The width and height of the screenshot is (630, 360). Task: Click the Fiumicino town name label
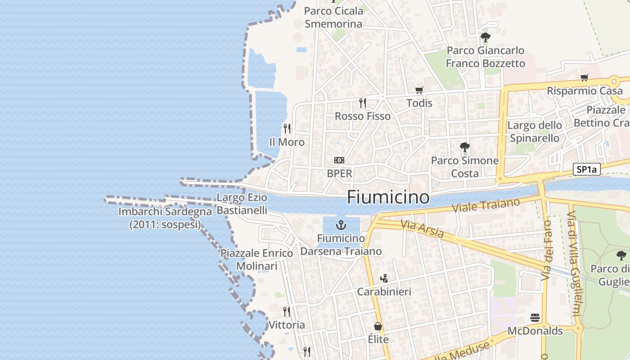388,197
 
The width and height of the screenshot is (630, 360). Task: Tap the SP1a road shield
587,169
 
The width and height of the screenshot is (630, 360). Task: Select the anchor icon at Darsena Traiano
341,225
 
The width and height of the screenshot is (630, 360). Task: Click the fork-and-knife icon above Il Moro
287,129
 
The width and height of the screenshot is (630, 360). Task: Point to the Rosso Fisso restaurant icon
363,103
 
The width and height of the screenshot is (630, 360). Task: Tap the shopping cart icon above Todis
419,90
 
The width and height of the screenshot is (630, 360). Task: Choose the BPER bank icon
339,160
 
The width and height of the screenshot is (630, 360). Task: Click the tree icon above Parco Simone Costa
465,147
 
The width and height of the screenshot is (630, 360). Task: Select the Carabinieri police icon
384,279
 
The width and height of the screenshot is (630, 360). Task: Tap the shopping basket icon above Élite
378,326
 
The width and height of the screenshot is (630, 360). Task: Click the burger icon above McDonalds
535,318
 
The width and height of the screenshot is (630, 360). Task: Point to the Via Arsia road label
422,229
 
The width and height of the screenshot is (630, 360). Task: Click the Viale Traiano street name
486,206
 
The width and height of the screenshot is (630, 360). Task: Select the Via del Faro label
547,250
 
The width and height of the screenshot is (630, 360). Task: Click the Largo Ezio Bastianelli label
242,203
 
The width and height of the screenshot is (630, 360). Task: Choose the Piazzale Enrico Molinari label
256,260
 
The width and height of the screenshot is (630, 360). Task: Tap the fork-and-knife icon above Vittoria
287,311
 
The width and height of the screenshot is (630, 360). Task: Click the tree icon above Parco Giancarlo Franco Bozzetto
485,37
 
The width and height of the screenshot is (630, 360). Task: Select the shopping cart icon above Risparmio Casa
584,77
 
